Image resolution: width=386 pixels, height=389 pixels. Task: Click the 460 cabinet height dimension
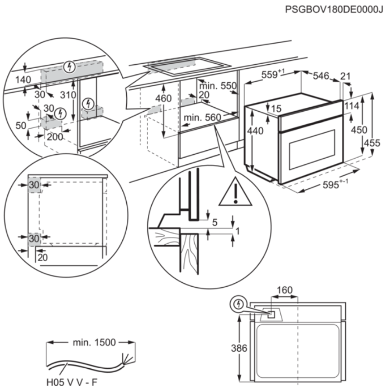(163, 98)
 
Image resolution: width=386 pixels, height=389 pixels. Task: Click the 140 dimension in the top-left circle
(23, 80)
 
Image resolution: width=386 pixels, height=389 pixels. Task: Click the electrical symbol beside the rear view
(238, 305)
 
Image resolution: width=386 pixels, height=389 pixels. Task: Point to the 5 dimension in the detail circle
(215, 222)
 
